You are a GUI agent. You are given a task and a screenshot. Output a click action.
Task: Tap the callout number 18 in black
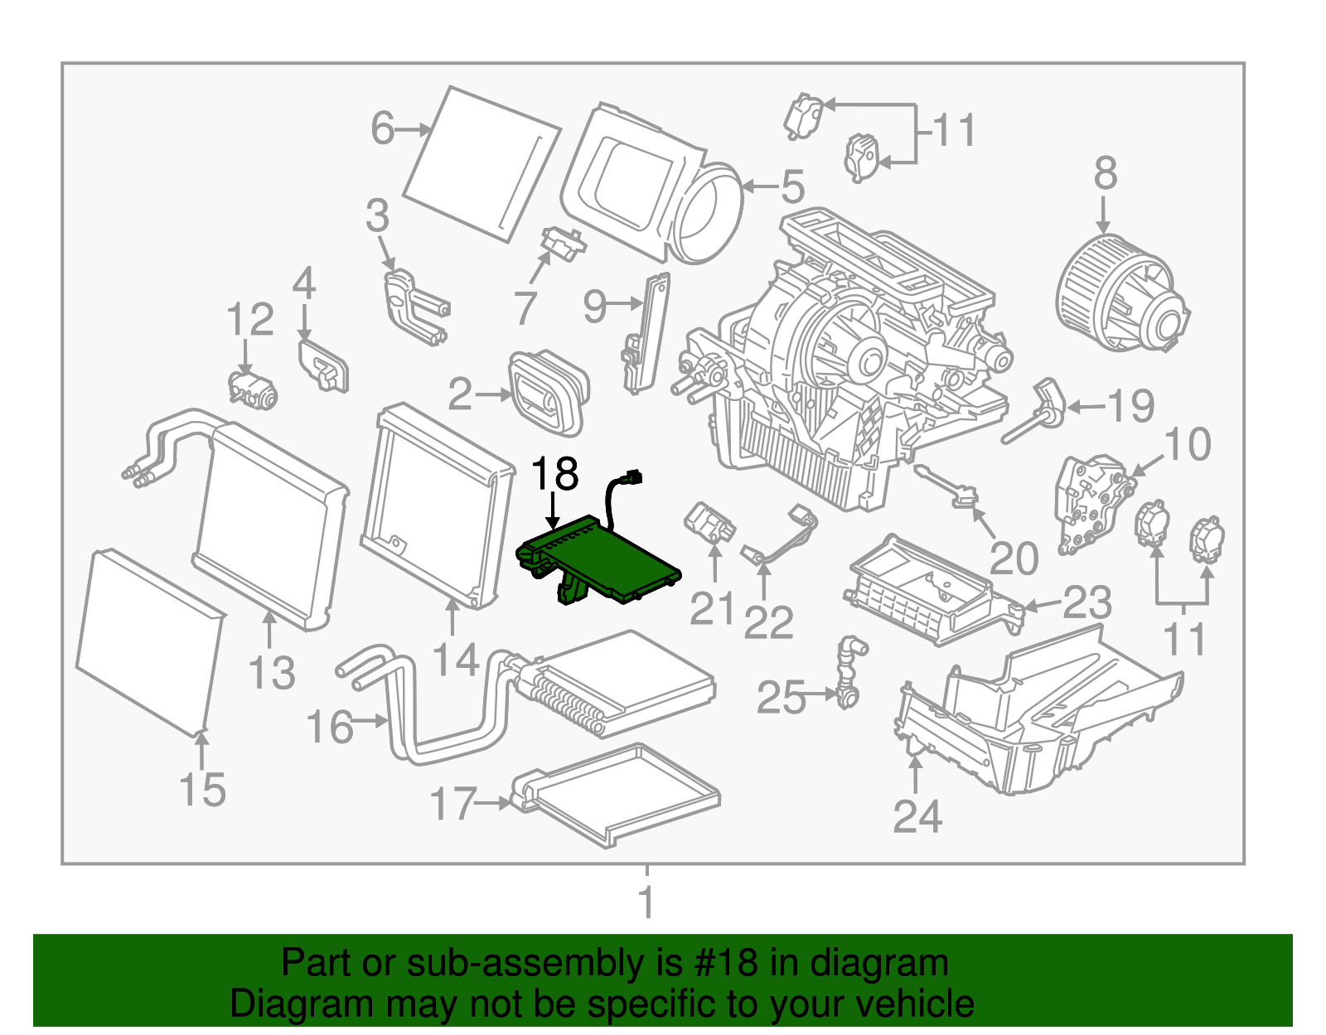(x=554, y=475)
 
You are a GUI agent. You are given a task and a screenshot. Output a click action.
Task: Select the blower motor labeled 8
(x=1119, y=294)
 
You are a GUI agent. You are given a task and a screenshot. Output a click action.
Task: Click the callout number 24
(x=917, y=817)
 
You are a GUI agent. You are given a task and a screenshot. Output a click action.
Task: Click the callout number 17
(x=453, y=803)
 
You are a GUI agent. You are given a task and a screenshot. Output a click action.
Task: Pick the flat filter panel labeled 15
(x=149, y=642)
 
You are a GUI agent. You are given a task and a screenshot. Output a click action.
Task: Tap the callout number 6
(x=382, y=128)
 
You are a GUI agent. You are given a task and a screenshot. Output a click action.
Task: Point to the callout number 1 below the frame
(x=646, y=902)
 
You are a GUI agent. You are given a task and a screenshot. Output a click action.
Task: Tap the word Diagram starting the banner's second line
(x=278, y=1004)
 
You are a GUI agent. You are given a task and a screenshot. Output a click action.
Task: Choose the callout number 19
(x=1131, y=406)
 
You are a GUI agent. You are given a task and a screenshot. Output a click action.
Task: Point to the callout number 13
(x=272, y=673)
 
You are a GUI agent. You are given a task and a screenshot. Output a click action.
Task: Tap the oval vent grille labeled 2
(x=549, y=394)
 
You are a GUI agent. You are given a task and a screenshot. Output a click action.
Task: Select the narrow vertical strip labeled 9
(x=647, y=331)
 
